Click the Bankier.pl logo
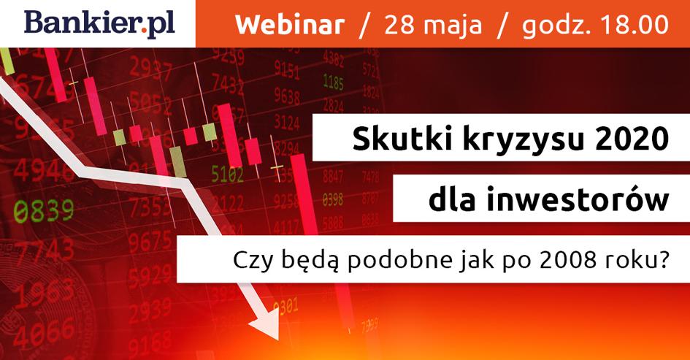pyautogui.click(x=99, y=24)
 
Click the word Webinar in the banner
pyautogui.click(x=290, y=25)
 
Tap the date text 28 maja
pyautogui.click(x=433, y=26)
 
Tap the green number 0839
pyautogui.click(x=44, y=211)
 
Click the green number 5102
pyautogui.click(x=228, y=174)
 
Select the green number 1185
pyautogui.click(x=333, y=82)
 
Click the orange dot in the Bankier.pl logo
pyautogui.click(x=145, y=31)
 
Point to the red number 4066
pyautogui.click(x=43, y=332)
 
